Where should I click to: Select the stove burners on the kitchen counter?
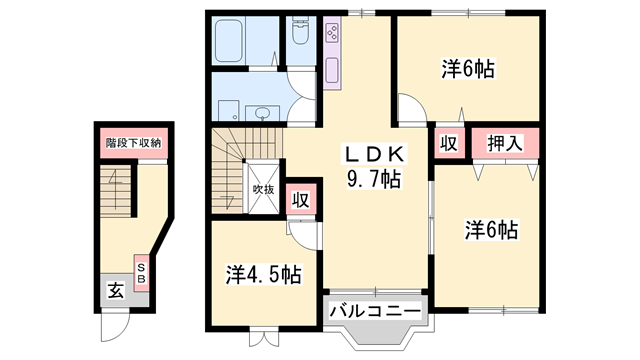click(333, 36)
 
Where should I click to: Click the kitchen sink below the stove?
click(333, 71)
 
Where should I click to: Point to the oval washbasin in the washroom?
click(264, 112)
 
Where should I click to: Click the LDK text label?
click(374, 155)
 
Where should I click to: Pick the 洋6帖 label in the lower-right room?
click(490, 230)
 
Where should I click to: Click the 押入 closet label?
click(505, 144)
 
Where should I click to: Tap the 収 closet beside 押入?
click(448, 144)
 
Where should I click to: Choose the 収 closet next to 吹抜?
click(299, 199)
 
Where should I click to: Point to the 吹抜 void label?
click(263, 188)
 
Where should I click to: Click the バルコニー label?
click(376, 312)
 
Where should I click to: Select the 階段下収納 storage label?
click(134, 143)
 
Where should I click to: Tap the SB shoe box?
click(141, 272)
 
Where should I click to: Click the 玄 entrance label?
click(116, 292)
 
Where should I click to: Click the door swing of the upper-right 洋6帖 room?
click(410, 108)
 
